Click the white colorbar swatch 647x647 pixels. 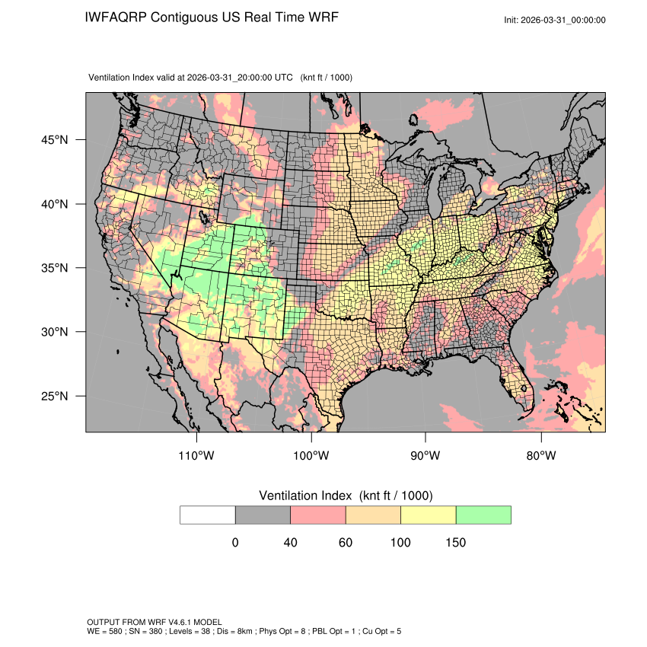tap(208, 515)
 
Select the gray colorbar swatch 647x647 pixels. tap(263, 515)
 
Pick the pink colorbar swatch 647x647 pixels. tap(318, 515)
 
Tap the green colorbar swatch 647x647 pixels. tap(483, 515)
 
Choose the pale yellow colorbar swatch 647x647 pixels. tap(428, 515)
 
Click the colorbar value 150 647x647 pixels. tap(455, 543)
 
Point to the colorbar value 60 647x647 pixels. tap(346, 543)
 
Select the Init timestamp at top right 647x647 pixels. tap(555, 20)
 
